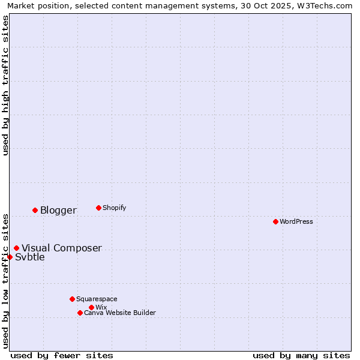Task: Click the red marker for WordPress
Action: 275,221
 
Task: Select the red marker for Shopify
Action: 98,208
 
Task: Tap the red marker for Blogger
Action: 35,210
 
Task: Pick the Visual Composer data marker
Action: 16,248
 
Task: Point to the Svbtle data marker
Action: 10,257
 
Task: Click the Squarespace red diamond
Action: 72,299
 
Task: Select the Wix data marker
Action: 91,307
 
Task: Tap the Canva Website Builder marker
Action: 80,313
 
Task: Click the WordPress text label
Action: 296,221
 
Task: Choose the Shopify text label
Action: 114,208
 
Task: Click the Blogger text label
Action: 58,210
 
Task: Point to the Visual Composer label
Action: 62,248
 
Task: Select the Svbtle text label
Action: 30,257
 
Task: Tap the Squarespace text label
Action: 97,299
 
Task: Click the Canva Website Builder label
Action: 120,313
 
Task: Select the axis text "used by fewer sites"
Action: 62,355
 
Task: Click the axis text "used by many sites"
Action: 301,355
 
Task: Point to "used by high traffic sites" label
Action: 5,85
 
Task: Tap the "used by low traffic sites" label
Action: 5,280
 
